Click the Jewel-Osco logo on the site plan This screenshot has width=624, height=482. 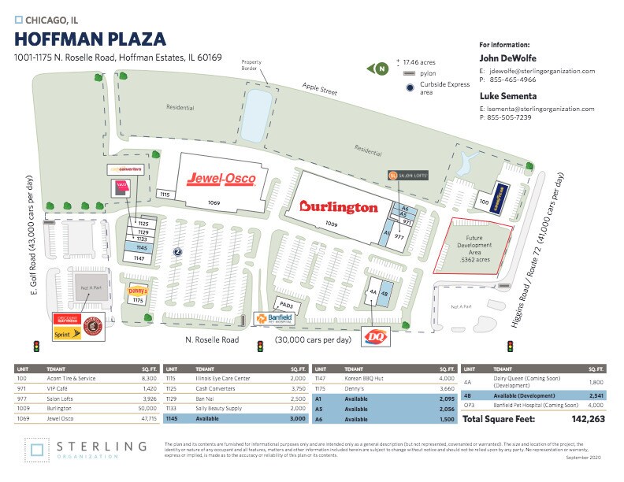220,180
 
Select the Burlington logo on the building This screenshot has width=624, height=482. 338,207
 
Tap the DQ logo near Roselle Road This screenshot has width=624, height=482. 375,337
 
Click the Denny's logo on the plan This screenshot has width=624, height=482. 139,288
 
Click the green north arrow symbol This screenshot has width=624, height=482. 379,69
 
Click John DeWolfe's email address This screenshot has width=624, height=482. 541,71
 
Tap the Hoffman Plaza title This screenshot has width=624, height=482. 91,39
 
